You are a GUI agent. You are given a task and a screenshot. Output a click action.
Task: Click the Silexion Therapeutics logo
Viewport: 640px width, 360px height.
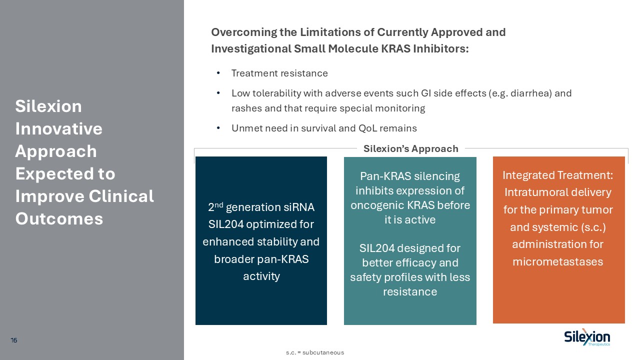click(587, 338)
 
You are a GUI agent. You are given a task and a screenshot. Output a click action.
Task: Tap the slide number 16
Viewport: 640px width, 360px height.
click(14, 340)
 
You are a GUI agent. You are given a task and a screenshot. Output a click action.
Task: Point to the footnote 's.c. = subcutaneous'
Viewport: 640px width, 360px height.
click(315, 352)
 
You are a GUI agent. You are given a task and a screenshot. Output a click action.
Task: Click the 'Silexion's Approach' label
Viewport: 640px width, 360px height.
click(410, 148)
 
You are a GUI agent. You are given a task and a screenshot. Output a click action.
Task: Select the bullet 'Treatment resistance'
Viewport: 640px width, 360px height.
click(279, 73)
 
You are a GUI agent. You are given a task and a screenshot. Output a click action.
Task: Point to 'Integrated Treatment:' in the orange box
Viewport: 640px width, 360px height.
click(557, 175)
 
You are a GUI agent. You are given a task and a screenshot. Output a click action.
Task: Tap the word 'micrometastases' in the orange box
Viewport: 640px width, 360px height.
click(557, 261)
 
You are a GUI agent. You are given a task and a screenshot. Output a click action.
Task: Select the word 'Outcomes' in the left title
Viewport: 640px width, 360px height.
click(59, 218)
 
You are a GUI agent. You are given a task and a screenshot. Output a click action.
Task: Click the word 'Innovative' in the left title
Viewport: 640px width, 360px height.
click(59, 128)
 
